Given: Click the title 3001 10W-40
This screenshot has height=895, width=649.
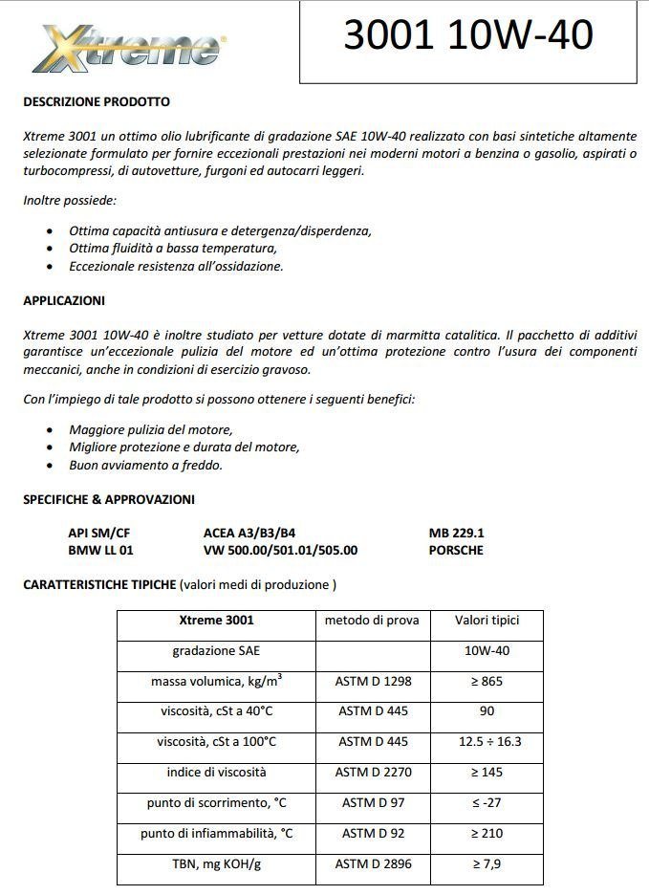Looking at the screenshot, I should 468,35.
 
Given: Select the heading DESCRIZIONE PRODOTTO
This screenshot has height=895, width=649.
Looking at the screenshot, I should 97,101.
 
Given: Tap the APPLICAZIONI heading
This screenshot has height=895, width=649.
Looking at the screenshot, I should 64,300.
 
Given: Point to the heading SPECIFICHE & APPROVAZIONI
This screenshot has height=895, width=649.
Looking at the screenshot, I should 109,499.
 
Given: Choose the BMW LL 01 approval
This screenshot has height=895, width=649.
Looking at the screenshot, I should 100,550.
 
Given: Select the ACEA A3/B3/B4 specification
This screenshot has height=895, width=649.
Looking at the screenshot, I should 256,533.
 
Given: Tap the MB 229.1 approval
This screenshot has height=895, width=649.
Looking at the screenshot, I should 456,533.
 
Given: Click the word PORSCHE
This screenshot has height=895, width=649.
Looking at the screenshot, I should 456,550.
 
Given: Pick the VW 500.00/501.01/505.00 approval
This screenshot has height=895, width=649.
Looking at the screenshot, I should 280,550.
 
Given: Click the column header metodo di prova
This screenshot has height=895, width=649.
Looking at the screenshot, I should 372,621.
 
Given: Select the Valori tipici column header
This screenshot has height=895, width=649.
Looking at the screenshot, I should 487,621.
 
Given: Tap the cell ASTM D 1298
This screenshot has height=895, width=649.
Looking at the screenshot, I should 372,682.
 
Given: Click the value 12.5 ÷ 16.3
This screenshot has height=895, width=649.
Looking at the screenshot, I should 487,742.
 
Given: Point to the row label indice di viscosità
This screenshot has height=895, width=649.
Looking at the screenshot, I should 216,773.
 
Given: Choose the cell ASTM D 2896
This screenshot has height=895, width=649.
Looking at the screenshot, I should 372,864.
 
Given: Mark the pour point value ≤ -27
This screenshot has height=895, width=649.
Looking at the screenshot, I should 487,803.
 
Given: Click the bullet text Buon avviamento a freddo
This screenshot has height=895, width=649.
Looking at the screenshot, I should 145,466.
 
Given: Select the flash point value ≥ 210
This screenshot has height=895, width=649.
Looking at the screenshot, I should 487,834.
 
